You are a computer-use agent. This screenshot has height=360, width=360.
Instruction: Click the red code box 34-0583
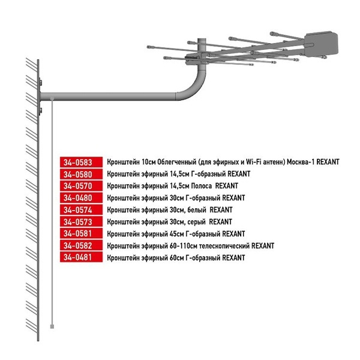click(x=81, y=162)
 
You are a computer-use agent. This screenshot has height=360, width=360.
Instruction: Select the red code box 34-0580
click(x=81, y=174)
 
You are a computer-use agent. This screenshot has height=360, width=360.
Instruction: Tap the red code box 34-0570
click(x=81, y=186)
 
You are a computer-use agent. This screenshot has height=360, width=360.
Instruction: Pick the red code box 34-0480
click(x=81, y=198)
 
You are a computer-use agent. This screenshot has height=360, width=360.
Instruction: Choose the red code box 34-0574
click(x=81, y=210)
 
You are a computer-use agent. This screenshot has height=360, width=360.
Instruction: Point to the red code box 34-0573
click(x=81, y=222)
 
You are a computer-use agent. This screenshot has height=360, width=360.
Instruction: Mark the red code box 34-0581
click(x=81, y=233)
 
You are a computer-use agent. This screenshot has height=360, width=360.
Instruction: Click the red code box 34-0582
click(x=81, y=245)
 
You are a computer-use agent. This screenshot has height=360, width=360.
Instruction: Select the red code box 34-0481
click(x=81, y=257)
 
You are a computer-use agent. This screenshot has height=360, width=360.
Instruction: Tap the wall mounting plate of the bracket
click(x=40, y=96)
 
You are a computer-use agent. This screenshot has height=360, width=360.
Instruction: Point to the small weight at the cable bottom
click(x=53, y=326)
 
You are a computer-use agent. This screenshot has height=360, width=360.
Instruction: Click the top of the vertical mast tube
click(x=202, y=40)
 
